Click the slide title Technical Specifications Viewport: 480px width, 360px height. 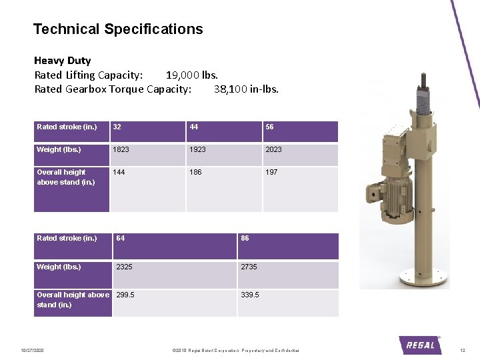pyautogui.click(x=118, y=29)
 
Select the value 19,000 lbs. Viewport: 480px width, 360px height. pyautogui.click(x=192, y=75)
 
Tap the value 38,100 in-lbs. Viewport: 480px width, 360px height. pyautogui.click(x=246, y=89)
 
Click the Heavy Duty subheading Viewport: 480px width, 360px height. pyautogui.click(x=63, y=61)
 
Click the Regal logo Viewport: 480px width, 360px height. pyautogui.click(x=420, y=345)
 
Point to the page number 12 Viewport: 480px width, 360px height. pyautogui.click(x=463, y=351)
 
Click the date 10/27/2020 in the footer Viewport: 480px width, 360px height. pyautogui.click(x=32, y=351)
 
